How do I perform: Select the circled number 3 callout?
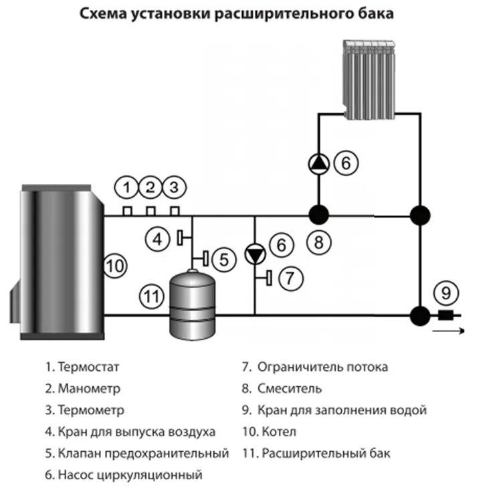click(173, 188)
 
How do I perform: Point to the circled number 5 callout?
click(224, 258)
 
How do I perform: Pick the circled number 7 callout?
click(286, 278)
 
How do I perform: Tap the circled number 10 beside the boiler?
click(115, 266)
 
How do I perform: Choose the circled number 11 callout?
click(151, 294)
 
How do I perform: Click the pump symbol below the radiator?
click(318, 163)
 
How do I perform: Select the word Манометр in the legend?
click(90, 389)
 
